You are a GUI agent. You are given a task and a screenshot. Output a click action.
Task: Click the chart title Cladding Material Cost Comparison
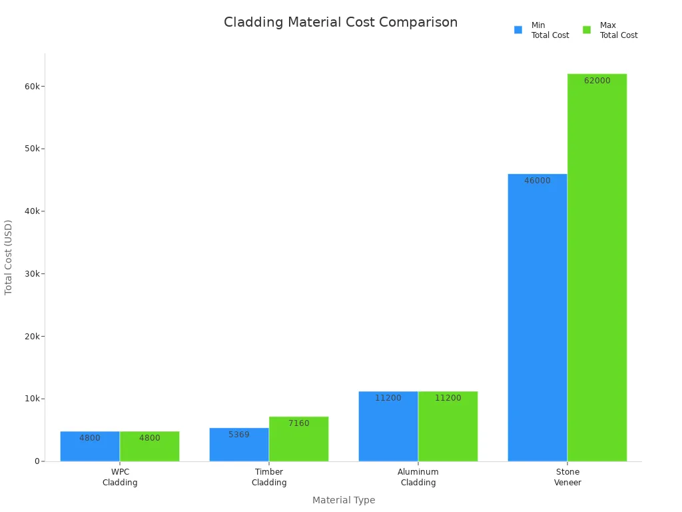[x=340, y=23]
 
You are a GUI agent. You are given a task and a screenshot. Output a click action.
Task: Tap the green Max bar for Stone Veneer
[x=597, y=267]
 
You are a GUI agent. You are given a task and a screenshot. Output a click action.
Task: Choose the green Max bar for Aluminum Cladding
[x=448, y=426]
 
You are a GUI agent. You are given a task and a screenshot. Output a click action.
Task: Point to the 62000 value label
[x=597, y=81]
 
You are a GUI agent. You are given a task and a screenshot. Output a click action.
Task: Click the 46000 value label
[x=537, y=181]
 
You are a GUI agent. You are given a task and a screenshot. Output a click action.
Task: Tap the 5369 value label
[x=238, y=435]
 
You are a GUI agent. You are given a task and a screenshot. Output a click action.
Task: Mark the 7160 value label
[x=298, y=423]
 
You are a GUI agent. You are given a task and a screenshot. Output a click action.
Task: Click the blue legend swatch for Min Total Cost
[x=518, y=30]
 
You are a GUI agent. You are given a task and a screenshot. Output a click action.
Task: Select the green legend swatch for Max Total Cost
[x=587, y=30]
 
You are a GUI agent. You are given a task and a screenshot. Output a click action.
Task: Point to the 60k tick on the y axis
[x=32, y=86]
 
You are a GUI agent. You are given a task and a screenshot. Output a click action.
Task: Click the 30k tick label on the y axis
[x=32, y=273]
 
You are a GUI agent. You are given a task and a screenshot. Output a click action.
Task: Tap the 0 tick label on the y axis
[x=37, y=461]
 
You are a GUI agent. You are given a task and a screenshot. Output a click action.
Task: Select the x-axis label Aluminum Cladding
[x=418, y=477]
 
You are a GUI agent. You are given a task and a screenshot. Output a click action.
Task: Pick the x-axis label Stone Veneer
[x=567, y=477]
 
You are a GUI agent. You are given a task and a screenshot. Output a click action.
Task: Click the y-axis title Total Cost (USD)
[x=9, y=257]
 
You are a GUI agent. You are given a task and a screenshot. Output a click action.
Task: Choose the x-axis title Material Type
[x=344, y=500]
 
